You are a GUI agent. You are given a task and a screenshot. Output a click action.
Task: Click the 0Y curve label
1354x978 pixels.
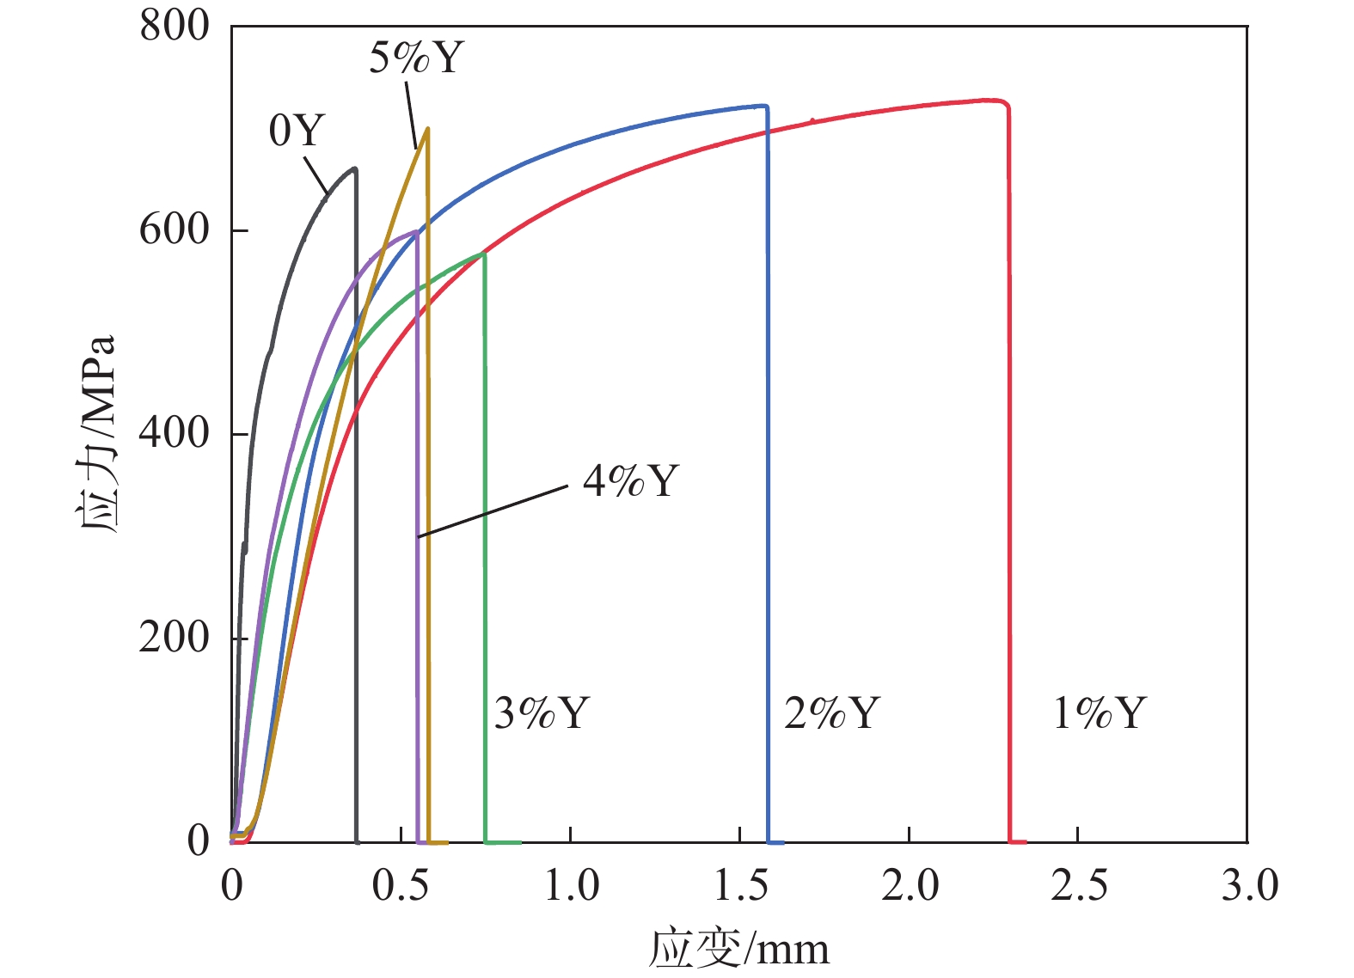coord(297,131)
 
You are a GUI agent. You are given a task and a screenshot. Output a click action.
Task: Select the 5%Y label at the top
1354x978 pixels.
coord(416,58)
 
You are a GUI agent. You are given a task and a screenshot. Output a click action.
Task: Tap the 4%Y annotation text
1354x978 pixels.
coord(631,480)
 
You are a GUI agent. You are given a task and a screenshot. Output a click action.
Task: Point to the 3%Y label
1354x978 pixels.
coord(542,713)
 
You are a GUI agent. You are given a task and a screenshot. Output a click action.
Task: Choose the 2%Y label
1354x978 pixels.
coord(832,713)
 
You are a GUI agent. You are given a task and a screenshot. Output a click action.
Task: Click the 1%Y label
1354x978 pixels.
coord(1100,713)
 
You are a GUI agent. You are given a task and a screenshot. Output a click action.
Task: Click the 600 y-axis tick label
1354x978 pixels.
coord(175,229)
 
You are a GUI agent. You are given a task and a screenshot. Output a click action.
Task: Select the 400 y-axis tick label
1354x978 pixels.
coord(175,433)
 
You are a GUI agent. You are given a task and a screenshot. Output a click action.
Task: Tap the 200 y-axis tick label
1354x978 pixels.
coord(175,638)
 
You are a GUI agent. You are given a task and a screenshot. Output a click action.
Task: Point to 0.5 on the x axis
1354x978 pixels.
coord(401,885)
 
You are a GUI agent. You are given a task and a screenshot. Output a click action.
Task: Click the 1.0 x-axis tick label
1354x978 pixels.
coord(571,885)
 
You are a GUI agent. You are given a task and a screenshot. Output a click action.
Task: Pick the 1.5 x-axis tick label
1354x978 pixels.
coord(740,885)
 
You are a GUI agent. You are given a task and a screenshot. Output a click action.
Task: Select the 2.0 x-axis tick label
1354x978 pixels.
coord(909,885)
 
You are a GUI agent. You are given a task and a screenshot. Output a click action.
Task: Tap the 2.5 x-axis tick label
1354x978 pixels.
coord(1078,885)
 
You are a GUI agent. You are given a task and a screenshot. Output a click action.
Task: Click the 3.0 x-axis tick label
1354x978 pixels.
coord(1248,885)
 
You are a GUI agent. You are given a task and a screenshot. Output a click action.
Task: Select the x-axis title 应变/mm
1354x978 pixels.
coord(738,949)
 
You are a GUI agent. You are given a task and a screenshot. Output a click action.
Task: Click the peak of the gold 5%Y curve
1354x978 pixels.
coord(427,129)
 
